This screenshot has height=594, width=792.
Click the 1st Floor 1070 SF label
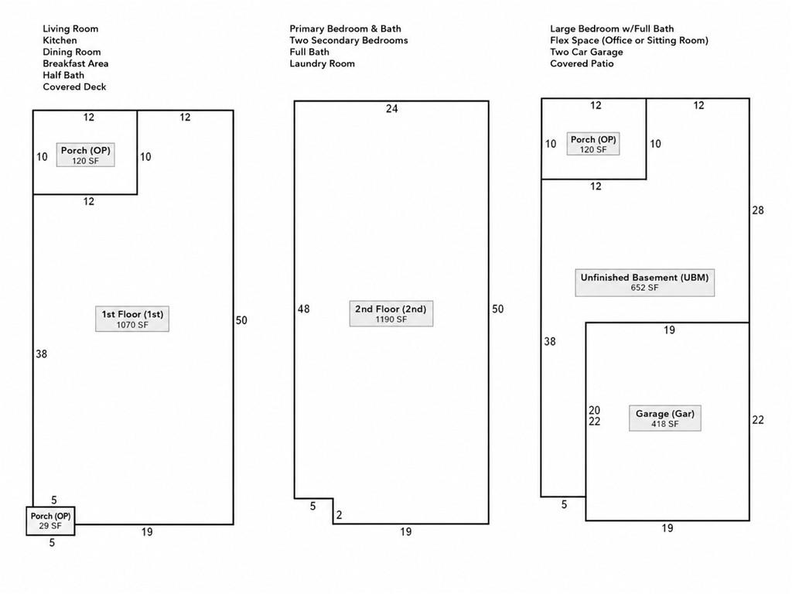tap(132, 319)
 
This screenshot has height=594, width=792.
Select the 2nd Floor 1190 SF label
tap(391, 314)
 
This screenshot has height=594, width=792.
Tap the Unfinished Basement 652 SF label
tap(644, 282)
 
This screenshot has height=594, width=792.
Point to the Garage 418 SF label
tap(664, 418)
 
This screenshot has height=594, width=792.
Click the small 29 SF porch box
tap(50, 521)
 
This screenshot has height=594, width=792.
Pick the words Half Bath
tap(63, 75)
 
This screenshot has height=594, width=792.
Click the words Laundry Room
tap(323, 63)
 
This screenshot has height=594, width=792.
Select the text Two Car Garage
tap(586, 52)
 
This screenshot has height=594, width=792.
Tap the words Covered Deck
tap(74, 87)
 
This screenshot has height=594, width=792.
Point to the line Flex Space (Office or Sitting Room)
tap(630, 40)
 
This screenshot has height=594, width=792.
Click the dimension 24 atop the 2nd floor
tap(392, 108)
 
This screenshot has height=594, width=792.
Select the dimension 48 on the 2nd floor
tap(303, 309)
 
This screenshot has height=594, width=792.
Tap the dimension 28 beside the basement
tap(758, 210)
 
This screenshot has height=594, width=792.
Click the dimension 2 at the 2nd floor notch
tap(340, 514)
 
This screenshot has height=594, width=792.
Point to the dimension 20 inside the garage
tap(595, 410)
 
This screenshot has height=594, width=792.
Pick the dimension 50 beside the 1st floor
tap(241, 320)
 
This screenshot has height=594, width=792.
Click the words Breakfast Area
tap(76, 63)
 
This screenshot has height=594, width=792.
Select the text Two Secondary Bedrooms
tap(349, 40)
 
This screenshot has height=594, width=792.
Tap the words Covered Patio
tap(582, 63)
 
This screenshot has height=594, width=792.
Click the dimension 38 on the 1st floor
tap(42, 354)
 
